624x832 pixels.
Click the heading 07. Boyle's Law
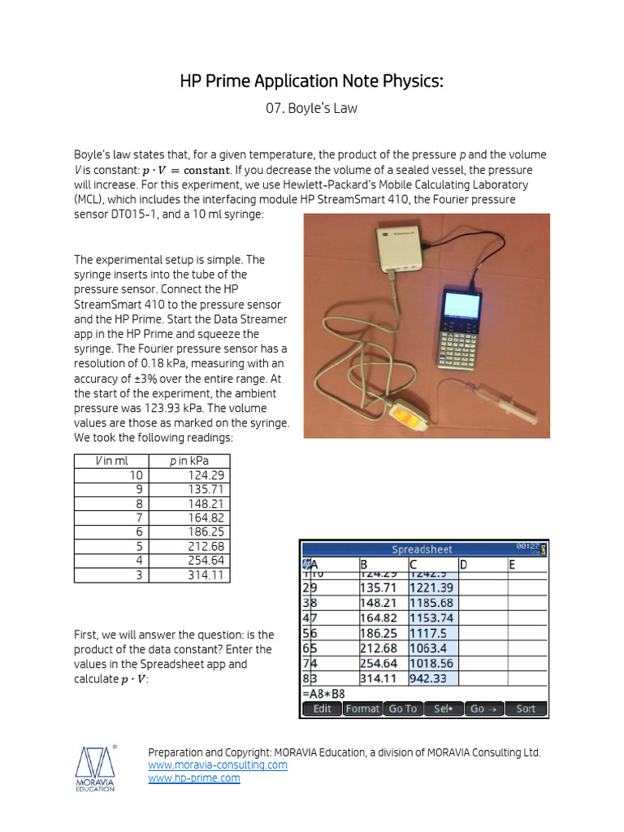click(x=311, y=108)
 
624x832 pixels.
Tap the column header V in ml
click(x=112, y=461)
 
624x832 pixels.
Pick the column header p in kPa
click(x=188, y=461)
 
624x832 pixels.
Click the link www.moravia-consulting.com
click(x=218, y=765)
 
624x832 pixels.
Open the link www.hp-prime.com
click(x=194, y=778)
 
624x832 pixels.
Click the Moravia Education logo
click(x=96, y=768)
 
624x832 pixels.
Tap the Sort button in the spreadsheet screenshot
click(x=526, y=708)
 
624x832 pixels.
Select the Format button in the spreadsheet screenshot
click(x=362, y=708)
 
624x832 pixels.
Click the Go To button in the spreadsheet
click(x=402, y=708)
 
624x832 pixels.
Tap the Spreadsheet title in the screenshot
click(x=422, y=549)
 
